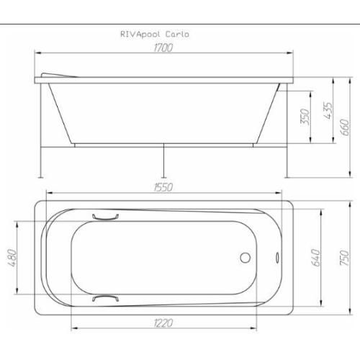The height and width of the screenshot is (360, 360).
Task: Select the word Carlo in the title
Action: tap(176, 34)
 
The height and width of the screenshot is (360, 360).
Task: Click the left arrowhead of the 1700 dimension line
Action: tap(38, 53)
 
